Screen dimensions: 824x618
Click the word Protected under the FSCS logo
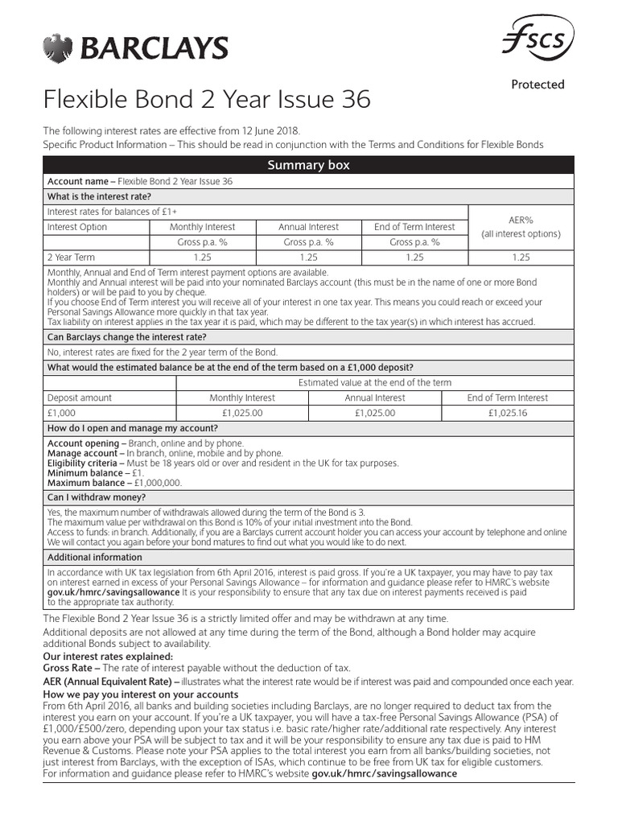coord(538,84)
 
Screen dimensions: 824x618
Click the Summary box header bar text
coord(308,166)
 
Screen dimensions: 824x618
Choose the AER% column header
coord(521,220)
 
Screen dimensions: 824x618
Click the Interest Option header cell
coord(77,227)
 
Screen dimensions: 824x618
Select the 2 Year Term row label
coord(71,257)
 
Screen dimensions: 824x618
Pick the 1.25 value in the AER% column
coord(521,257)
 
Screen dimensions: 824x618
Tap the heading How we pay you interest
coord(140,694)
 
